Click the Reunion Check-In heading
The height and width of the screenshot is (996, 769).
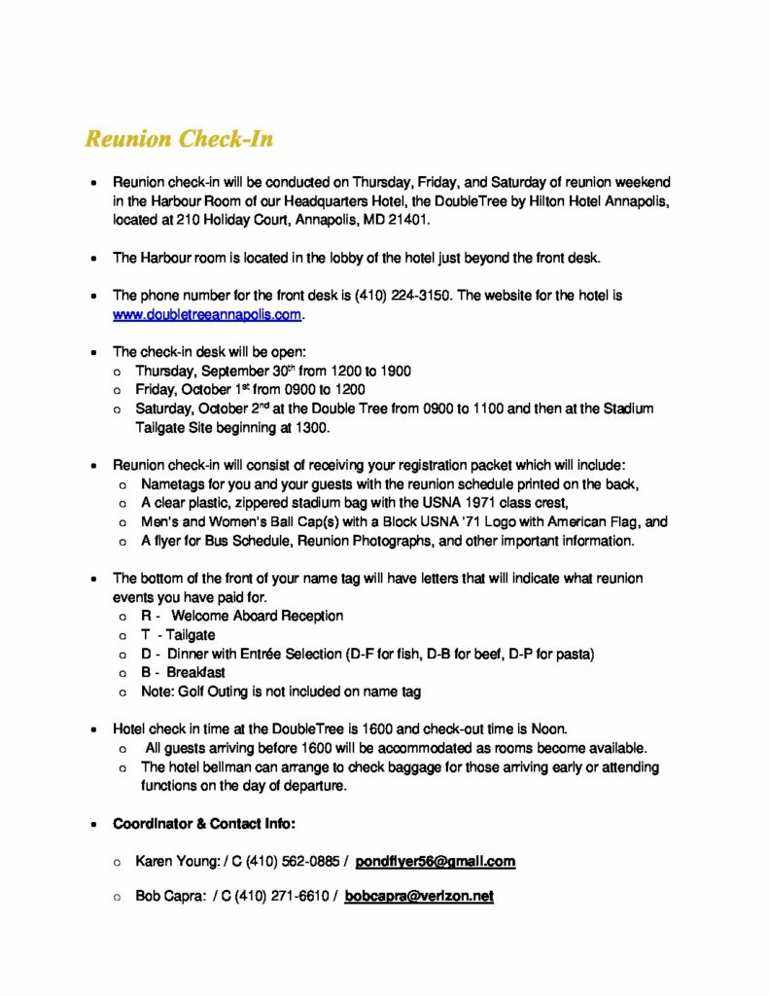179,139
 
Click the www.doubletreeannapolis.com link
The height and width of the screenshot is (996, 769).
208,314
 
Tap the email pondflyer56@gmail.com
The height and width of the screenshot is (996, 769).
435,862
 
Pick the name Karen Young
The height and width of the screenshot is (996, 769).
169,862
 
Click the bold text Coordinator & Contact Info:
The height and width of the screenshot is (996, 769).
204,824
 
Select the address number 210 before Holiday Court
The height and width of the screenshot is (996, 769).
189,221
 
